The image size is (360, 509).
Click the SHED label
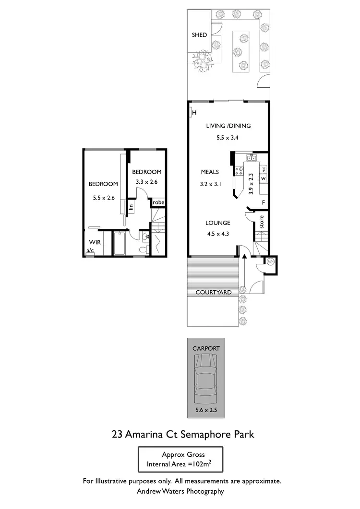pyautogui.click(x=199, y=35)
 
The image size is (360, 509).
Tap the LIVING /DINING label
pyautogui.click(x=228, y=126)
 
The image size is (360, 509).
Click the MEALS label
pyautogui.click(x=210, y=172)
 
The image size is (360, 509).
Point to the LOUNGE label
pyautogui.click(x=218, y=223)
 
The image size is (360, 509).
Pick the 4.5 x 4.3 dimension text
pyautogui.click(x=218, y=235)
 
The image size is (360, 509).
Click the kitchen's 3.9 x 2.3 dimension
pyautogui.click(x=250, y=183)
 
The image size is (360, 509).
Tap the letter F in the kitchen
pyautogui.click(x=263, y=202)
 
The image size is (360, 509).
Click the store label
pyautogui.click(x=262, y=222)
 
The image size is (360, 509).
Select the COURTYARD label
pyautogui.click(x=213, y=292)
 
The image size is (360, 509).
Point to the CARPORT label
pyautogui.click(x=206, y=348)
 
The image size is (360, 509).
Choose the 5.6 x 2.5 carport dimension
pyautogui.click(x=206, y=410)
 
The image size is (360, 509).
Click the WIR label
pyautogui.click(x=95, y=243)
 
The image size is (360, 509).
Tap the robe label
pyautogui.click(x=158, y=202)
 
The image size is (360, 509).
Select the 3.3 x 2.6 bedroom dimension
pyautogui.click(x=146, y=182)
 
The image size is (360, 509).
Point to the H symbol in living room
pyautogui.click(x=194, y=113)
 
